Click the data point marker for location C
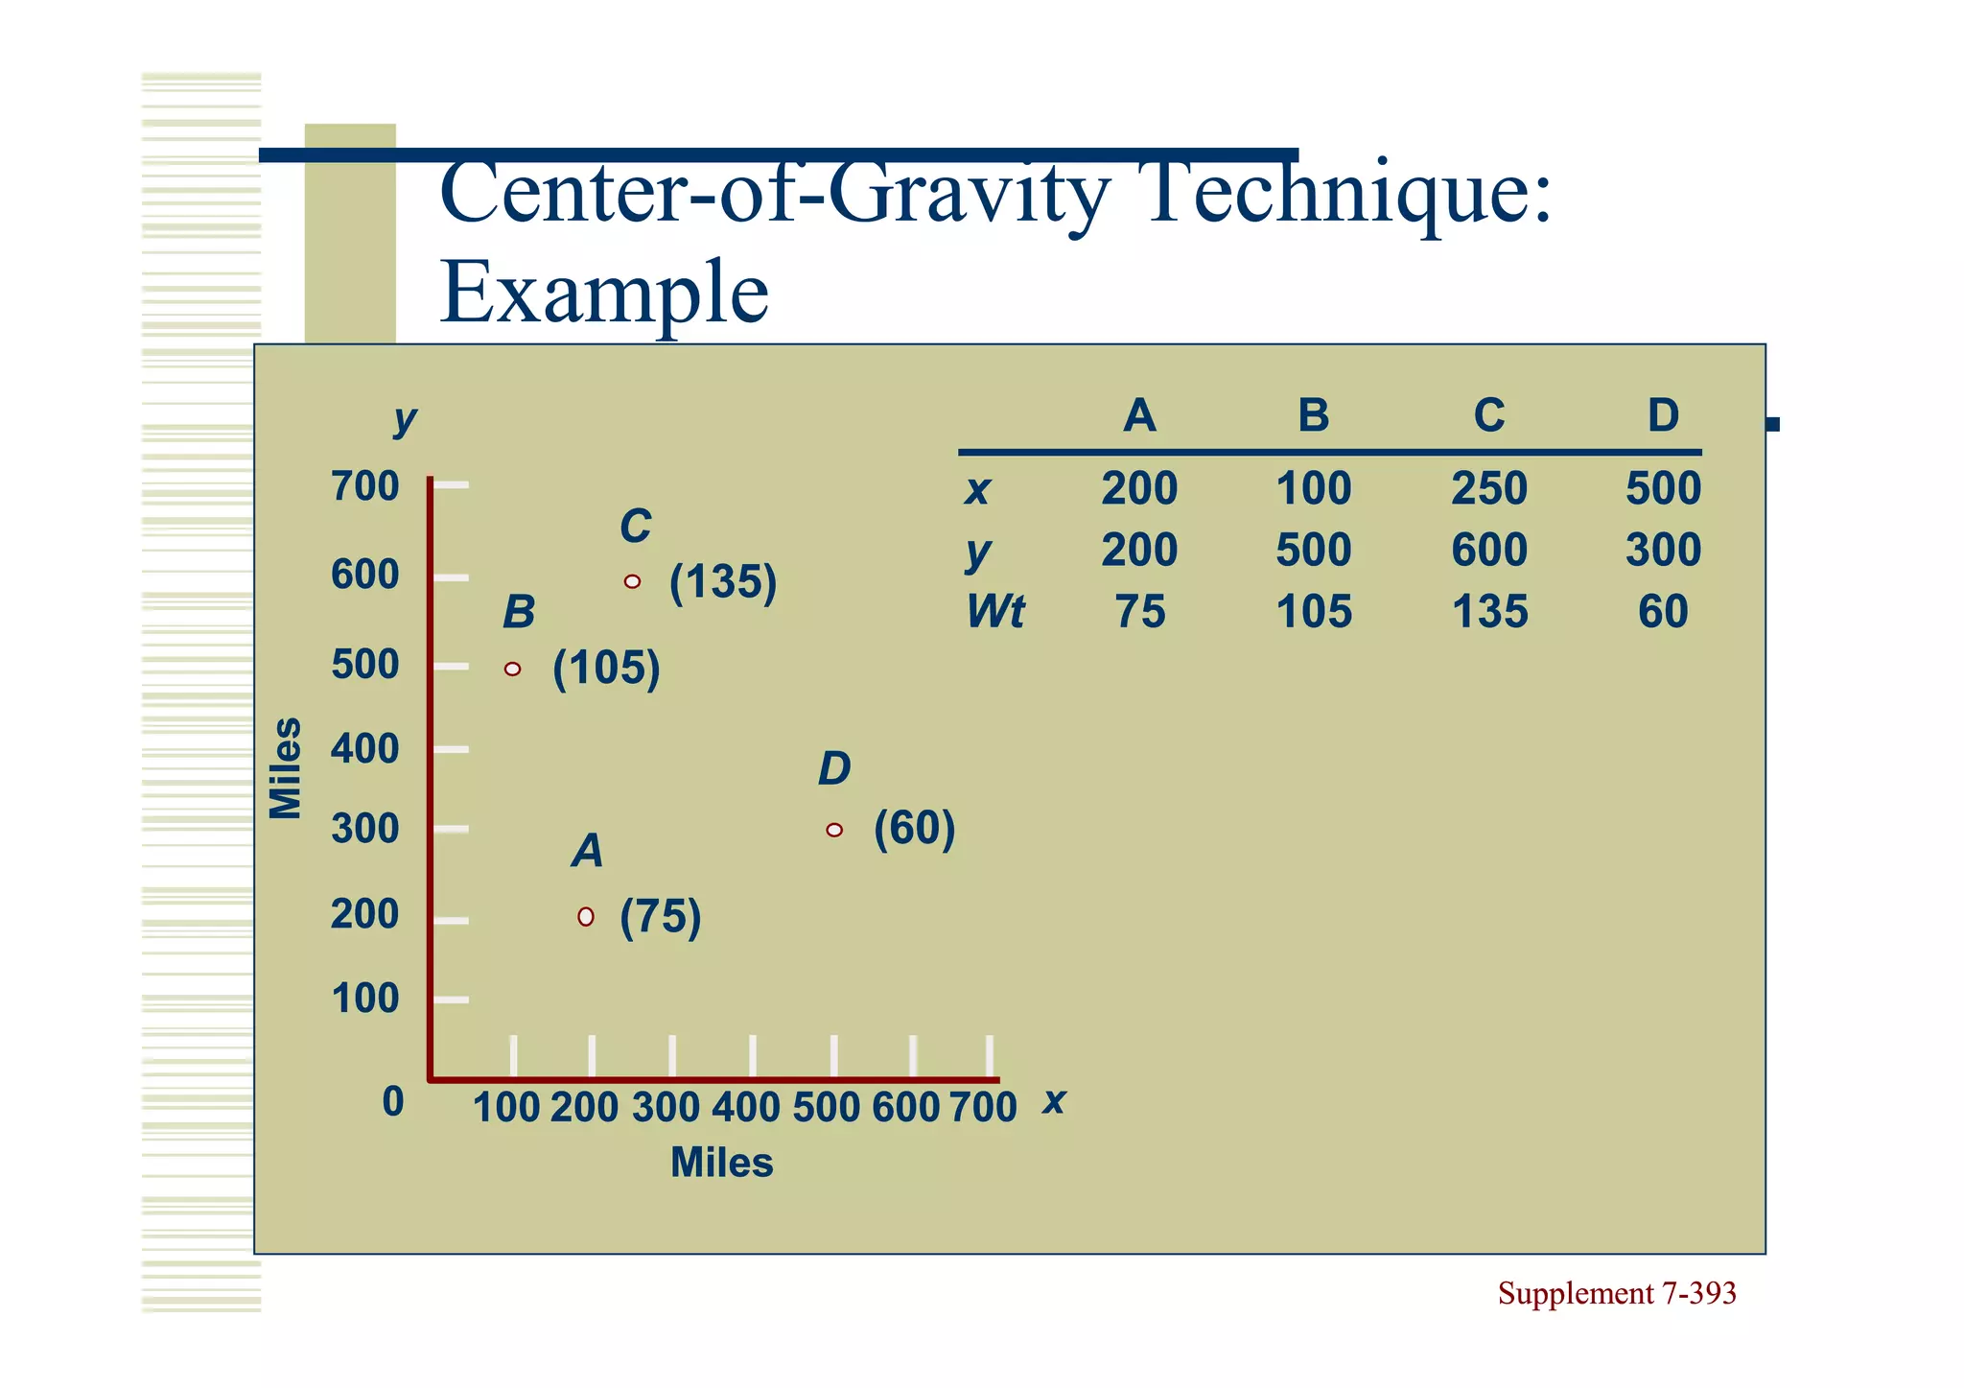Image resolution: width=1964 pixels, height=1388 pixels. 632,581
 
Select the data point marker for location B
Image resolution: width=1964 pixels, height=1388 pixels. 513,669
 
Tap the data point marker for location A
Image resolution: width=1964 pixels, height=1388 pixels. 586,917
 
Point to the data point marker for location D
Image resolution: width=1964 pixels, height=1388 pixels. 834,830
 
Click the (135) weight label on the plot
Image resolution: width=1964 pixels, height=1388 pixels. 723,582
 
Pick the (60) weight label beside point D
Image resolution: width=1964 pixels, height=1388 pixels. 914,828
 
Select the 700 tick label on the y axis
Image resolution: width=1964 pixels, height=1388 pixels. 364,486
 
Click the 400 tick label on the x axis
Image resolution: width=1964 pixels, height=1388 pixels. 745,1108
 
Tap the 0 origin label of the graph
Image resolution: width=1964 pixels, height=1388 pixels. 393,1102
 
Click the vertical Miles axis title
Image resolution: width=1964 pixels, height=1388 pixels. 286,768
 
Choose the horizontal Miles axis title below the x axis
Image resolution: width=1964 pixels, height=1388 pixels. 721,1163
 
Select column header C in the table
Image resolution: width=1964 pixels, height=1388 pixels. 1488,416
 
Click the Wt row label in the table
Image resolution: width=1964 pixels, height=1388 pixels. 995,612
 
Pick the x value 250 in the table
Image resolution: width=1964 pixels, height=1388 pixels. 1488,489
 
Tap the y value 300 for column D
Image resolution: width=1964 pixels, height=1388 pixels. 1663,551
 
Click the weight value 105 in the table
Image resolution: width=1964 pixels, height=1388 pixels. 1314,612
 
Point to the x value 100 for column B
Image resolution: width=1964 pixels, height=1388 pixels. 1314,489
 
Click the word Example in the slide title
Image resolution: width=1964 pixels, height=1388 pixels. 604,293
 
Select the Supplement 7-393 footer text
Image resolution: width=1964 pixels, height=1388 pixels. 1617,1294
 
